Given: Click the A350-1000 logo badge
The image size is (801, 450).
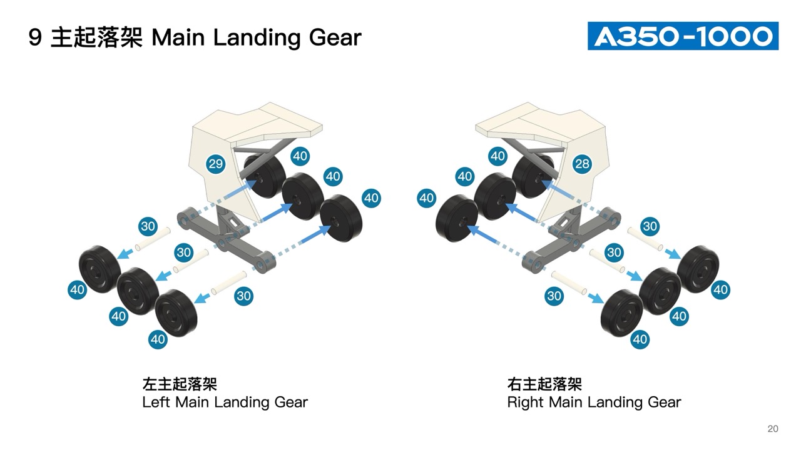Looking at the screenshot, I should [x=683, y=36].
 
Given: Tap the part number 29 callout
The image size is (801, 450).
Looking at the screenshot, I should [x=215, y=164].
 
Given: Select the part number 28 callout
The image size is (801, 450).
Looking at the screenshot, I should [x=582, y=164].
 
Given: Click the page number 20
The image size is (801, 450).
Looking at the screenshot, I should [x=773, y=429].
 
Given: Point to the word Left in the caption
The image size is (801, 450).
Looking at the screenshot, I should [x=156, y=402].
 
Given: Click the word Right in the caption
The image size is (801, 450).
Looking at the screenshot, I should [x=525, y=402].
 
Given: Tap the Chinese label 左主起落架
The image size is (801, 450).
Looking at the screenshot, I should [x=180, y=384].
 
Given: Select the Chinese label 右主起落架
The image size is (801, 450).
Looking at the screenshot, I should [x=544, y=384].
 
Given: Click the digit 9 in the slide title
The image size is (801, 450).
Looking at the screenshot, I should [x=36, y=38].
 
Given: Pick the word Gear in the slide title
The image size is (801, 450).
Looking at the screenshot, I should [x=335, y=38].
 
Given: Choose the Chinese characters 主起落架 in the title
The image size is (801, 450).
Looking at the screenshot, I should [x=97, y=38].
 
